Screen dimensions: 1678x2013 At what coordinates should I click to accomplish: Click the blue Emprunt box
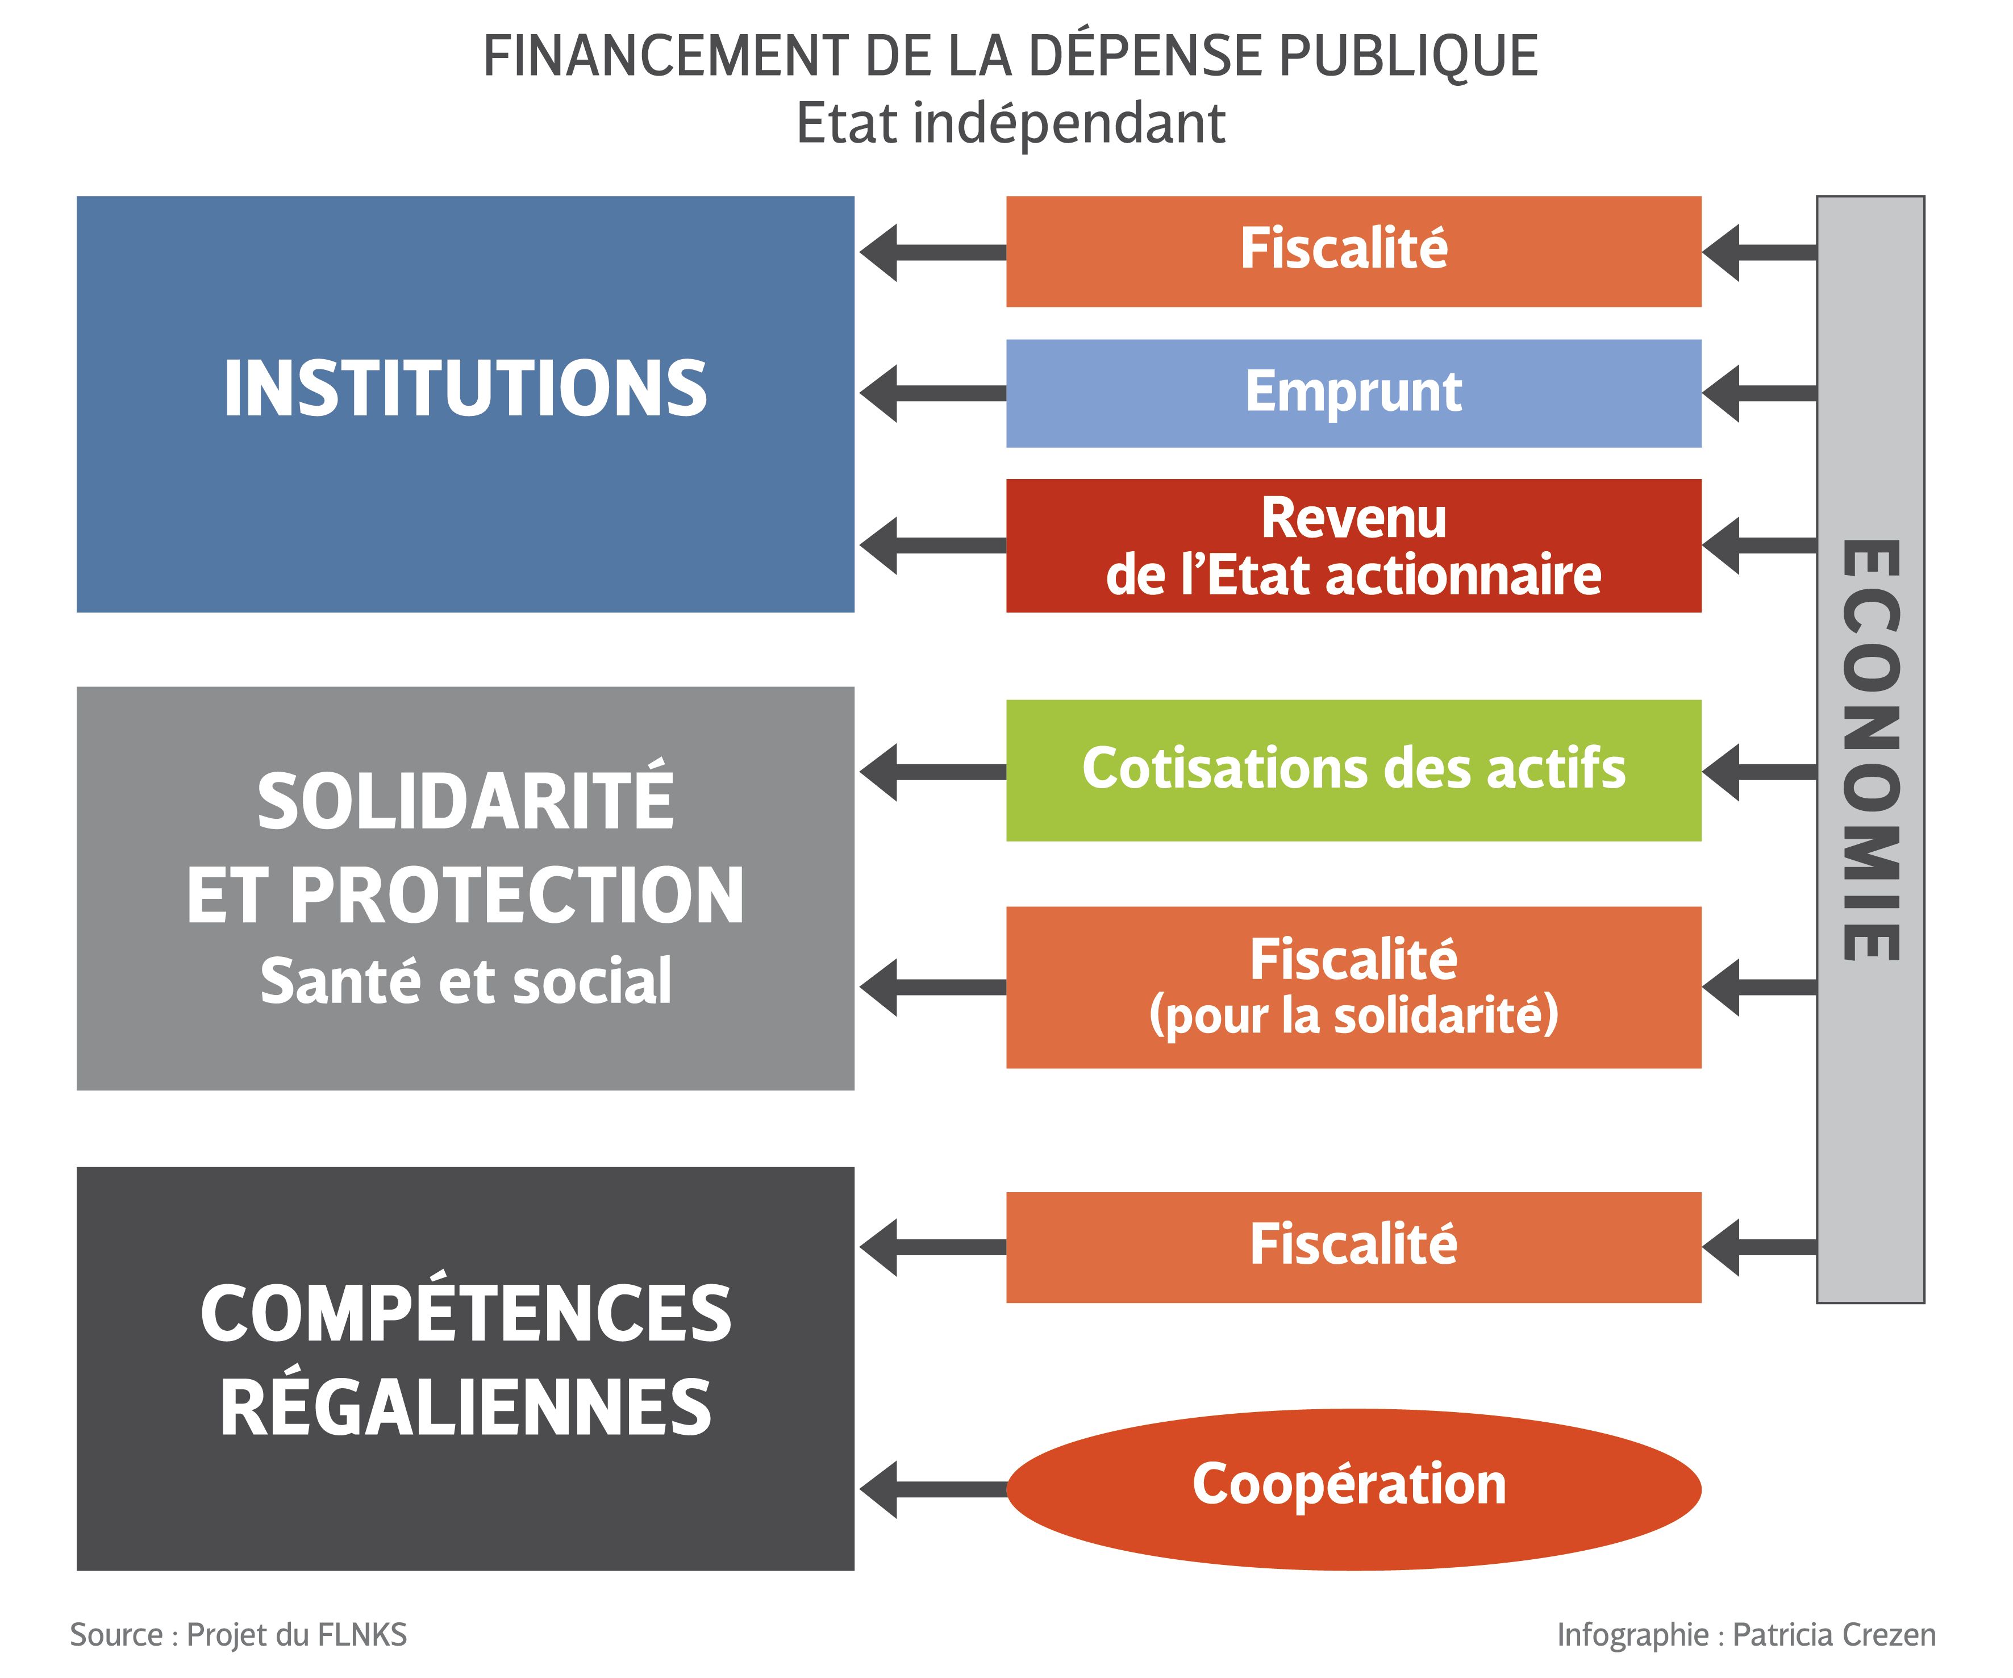1353,393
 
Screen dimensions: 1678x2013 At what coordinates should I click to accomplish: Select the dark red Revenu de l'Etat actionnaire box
1353,546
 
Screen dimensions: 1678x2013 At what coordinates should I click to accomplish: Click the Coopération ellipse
1353,1488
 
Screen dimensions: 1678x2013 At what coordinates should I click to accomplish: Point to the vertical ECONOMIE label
1870,750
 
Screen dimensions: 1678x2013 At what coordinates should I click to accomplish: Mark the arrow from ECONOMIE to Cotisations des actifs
1759,772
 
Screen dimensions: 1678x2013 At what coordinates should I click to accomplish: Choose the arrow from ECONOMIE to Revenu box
1759,546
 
